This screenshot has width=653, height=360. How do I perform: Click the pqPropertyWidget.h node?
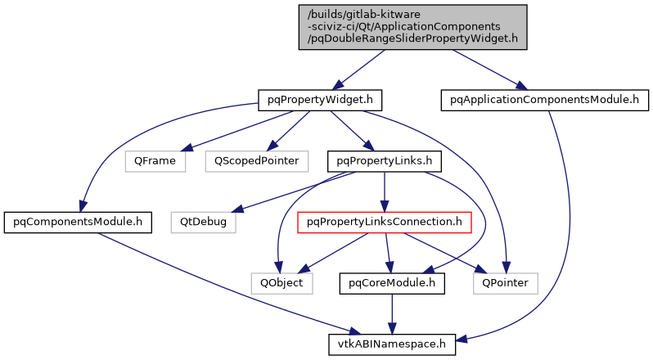pos(320,100)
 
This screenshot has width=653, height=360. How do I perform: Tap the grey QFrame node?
pos(155,161)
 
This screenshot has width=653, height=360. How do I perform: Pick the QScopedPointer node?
pos(256,161)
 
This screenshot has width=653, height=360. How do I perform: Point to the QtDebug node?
pos(204,222)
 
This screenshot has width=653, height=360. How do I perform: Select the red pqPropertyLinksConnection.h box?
pos(385,222)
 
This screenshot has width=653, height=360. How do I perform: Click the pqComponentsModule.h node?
pos(73,222)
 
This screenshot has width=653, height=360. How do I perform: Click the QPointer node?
pos(506,283)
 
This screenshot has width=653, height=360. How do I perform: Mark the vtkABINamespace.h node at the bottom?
pos(393,344)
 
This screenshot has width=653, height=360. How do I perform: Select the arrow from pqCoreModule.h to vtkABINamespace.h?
pos(393,313)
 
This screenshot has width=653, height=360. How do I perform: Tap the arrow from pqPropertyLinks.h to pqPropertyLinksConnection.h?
pos(385,191)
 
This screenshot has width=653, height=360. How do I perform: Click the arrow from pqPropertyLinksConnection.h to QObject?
pos(331,254)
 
